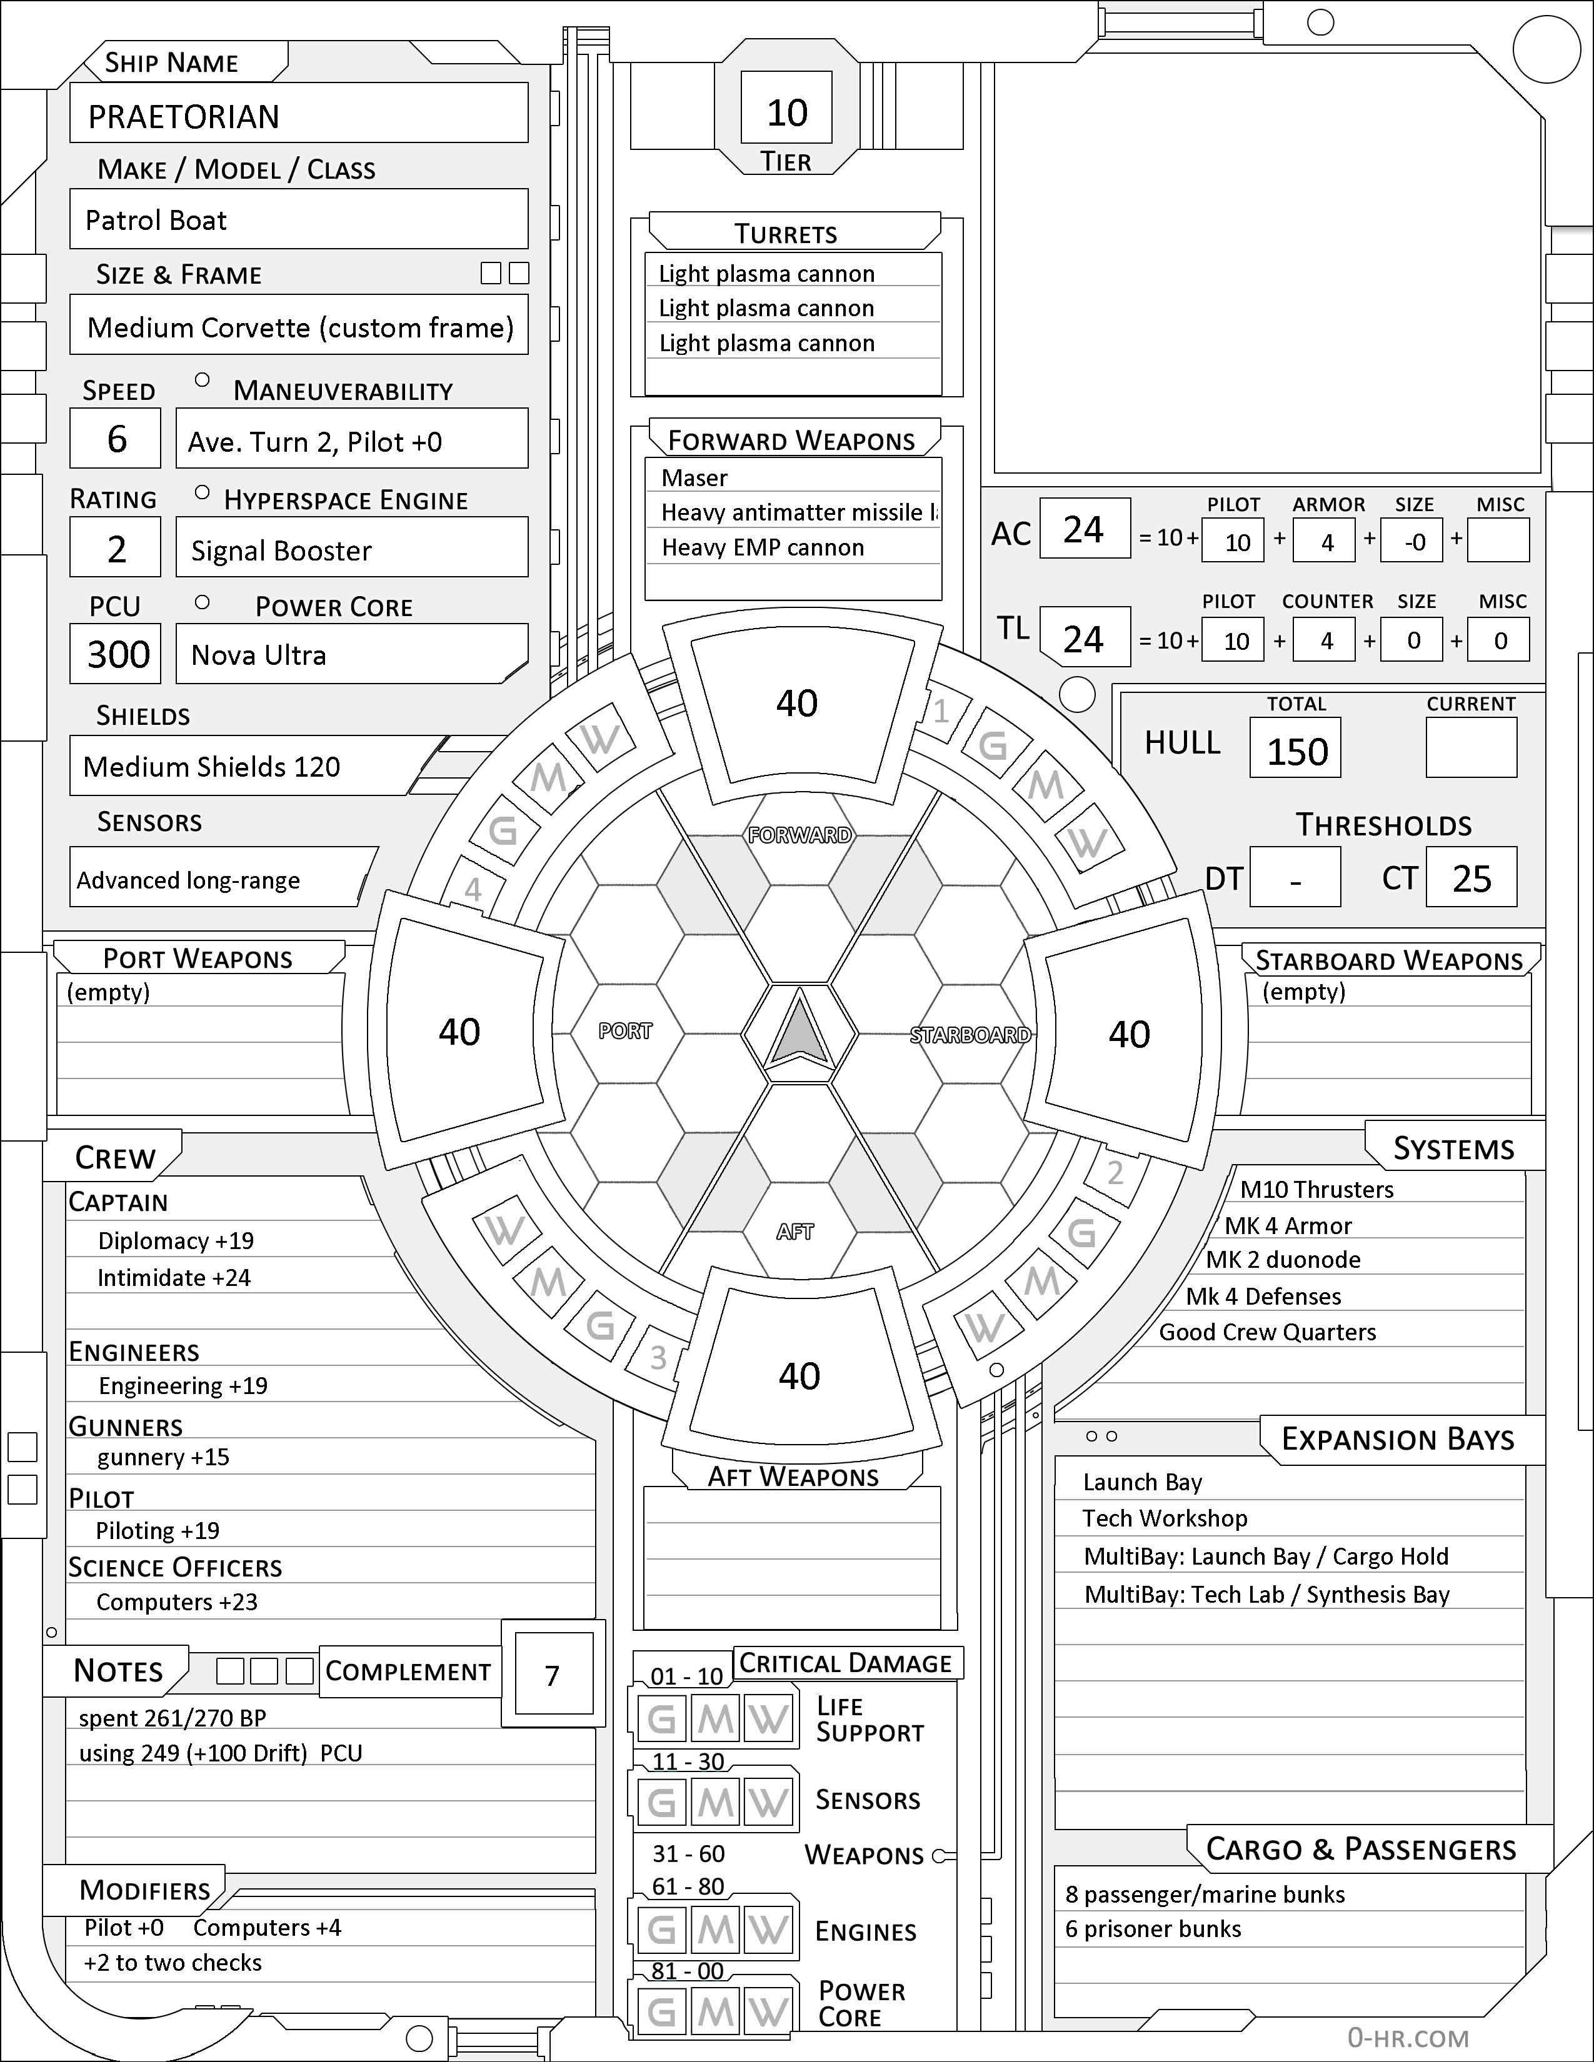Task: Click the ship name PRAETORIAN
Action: click(x=184, y=116)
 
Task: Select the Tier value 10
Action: click(x=786, y=113)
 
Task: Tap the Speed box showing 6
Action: click(x=116, y=439)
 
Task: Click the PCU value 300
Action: click(x=118, y=654)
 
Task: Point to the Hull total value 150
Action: click(x=1296, y=752)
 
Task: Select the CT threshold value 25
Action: click(x=1471, y=879)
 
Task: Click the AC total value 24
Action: click(x=1083, y=530)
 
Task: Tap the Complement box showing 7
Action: click(x=553, y=1676)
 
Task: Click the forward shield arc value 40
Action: click(x=797, y=704)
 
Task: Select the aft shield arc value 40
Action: click(x=799, y=1377)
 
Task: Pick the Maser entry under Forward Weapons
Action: click(x=695, y=478)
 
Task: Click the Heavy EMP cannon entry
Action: click(x=763, y=547)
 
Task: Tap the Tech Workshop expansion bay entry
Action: click(x=1165, y=1518)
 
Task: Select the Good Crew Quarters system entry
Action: click(x=1267, y=1332)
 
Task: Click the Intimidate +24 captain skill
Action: click(x=174, y=1277)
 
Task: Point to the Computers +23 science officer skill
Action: click(x=176, y=1602)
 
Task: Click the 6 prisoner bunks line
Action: click(x=1153, y=1929)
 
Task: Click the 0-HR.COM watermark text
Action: click(x=1408, y=2038)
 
